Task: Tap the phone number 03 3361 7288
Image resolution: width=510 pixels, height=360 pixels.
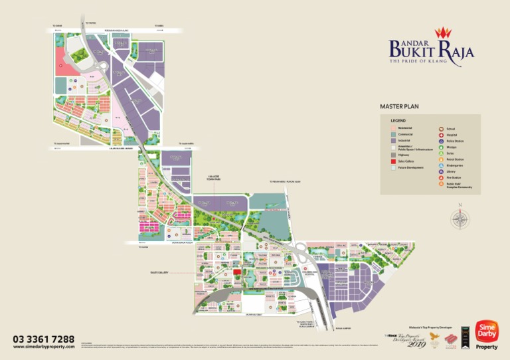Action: tap(44, 339)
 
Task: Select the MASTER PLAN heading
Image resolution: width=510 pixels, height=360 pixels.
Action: tap(399, 106)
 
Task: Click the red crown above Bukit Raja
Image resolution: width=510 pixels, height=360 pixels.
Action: tap(442, 32)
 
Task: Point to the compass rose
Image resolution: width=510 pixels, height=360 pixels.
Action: tap(459, 219)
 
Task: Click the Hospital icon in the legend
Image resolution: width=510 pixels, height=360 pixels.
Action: tap(441, 135)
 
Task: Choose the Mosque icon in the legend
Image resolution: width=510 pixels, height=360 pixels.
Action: tap(441, 147)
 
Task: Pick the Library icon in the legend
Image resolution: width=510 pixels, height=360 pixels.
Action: tap(441, 172)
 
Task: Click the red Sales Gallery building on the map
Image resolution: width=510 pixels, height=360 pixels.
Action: tap(236, 272)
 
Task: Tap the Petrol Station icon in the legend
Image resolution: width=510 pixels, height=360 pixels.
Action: tap(441, 160)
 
